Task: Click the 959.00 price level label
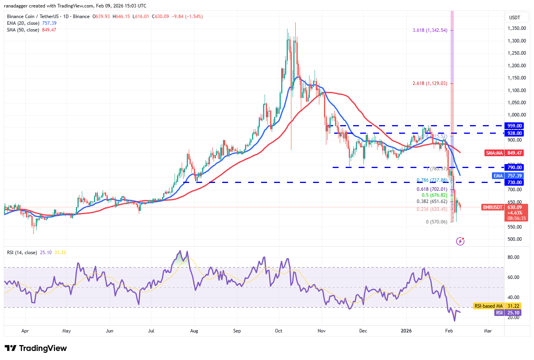click(514, 126)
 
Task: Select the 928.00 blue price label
click(514, 133)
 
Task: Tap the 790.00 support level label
click(514, 168)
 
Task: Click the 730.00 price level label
click(514, 183)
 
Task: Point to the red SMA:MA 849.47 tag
click(505, 153)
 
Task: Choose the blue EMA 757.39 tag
click(508, 176)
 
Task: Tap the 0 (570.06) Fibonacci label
click(436, 222)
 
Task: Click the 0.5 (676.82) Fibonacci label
click(434, 195)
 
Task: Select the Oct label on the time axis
click(279, 331)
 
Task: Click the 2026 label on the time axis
click(406, 331)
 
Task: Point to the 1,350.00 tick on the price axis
click(516, 28)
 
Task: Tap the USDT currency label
click(514, 18)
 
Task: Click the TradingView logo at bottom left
click(36, 348)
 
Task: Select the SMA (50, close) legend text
click(23, 30)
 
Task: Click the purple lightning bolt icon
click(460, 241)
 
